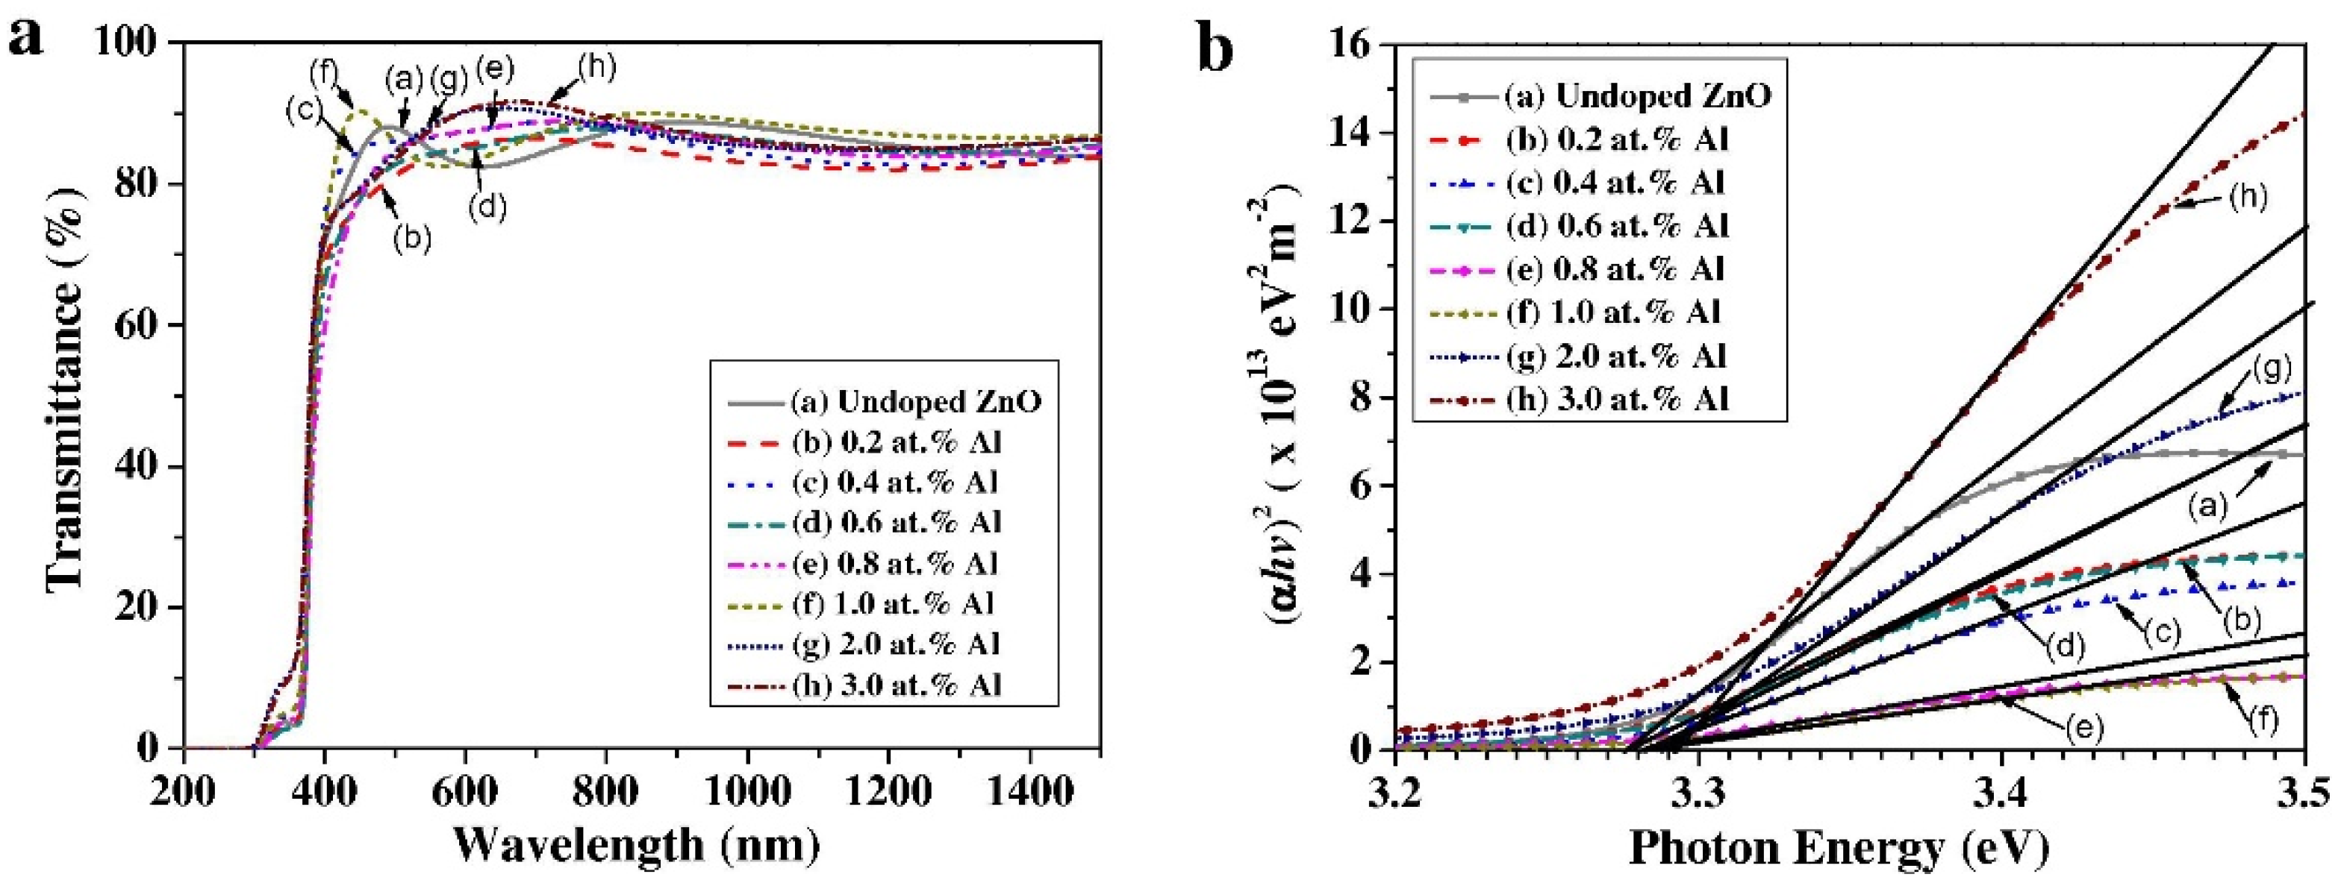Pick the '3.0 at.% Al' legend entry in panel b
tap(1616, 399)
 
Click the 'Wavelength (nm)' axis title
tap(637, 846)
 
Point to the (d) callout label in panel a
tap(487, 207)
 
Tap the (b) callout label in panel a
tap(411, 239)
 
